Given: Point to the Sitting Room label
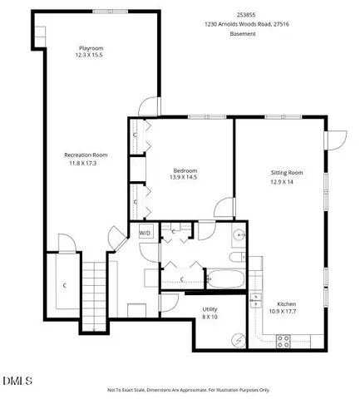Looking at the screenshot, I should pos(286,172).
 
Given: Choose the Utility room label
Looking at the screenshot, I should pos(210,308).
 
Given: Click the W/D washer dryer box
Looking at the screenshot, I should pos(145,234).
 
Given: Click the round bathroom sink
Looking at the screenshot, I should pos(239,235).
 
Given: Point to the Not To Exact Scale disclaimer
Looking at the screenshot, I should pos(189,389).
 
